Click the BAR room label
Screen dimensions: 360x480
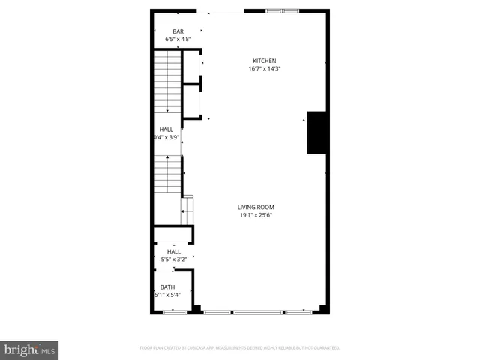(178, 31)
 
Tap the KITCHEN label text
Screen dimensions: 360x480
(264, 61)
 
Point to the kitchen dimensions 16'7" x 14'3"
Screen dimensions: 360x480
(264, 69)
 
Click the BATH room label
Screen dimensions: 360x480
(166, 286)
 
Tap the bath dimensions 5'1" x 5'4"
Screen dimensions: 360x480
(166, 295)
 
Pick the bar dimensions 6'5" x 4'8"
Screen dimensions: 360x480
(178, 39)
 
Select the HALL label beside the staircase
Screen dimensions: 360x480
(166, 130)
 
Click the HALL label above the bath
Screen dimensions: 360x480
(173, 252)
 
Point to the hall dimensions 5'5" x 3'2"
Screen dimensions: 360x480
(173, 260)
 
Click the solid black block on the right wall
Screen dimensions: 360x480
(317, 133)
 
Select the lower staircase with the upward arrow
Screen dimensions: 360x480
(167, 177)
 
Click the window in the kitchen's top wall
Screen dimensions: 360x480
(283, 11)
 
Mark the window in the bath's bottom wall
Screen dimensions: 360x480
(174, 311)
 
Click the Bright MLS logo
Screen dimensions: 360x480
(29, 349)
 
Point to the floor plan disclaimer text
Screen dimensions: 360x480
(240, 348)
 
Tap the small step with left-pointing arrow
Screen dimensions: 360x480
(187, 209)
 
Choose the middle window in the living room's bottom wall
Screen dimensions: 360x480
(257, 311)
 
